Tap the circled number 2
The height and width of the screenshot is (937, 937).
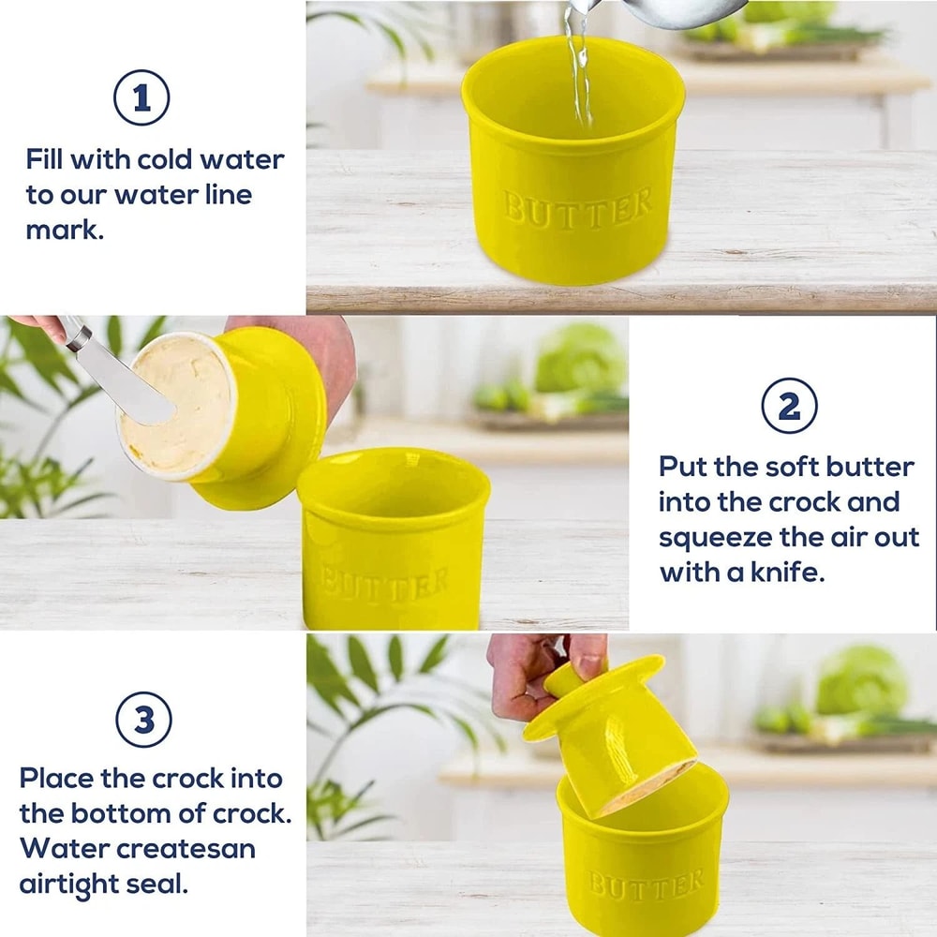[789, 406]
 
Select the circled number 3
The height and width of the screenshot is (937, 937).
[143, 721]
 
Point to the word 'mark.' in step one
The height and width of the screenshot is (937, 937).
[65, 230]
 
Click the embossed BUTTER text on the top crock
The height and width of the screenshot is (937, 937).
[577, 207]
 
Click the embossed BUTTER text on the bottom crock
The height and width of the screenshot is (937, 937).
[646, 884]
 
